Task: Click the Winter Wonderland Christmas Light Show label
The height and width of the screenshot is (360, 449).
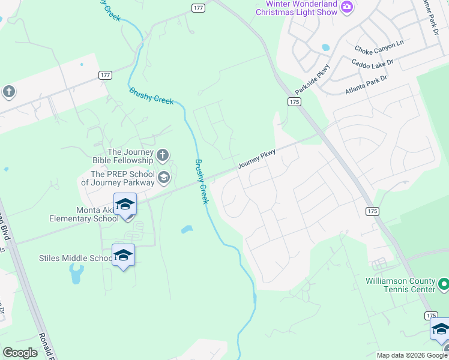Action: tap(297, 8)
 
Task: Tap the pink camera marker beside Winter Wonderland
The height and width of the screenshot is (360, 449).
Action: tap(346, 7)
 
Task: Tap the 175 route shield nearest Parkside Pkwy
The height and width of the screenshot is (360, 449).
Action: tap(294, 102)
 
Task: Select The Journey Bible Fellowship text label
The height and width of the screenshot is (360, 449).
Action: tap(130, 157)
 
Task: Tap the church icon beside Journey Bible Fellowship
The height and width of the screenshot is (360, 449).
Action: tap(162, 157)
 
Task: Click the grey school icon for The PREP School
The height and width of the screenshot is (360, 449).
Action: tap(163, 177)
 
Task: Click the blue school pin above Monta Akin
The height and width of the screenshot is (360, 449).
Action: tap(125, 205)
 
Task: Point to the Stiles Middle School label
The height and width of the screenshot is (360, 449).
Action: tap(74, 258)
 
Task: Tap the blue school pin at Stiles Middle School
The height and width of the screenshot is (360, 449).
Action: tap(123, 256)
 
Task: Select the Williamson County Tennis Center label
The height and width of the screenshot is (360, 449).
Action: tap(400, 285)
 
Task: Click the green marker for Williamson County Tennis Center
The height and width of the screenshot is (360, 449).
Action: tap(444, 283)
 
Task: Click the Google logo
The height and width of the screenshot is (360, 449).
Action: tap(20, 353)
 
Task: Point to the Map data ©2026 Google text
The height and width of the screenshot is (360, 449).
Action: tap(411, 355)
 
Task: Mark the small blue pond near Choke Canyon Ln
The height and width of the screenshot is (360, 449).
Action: tap(325, 47)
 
